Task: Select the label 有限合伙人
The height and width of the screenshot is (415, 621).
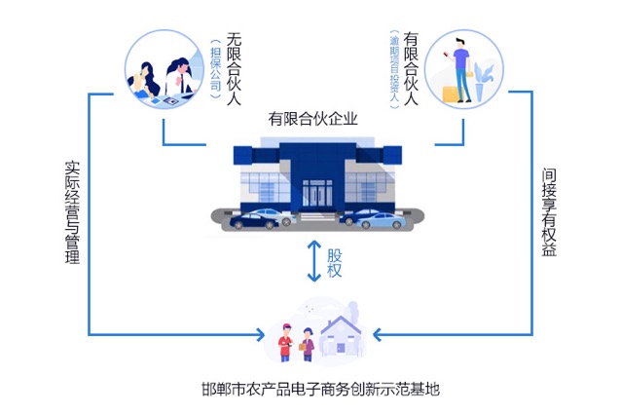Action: pyautogui.click(x=410, y=70)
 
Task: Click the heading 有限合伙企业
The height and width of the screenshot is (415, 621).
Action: pyautogui.click(x=313, y=120)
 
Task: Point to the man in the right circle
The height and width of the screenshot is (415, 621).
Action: pyautogui.click(x=459, y=68)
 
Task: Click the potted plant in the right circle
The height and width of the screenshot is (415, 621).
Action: pyautogui.click(x=484, y=78)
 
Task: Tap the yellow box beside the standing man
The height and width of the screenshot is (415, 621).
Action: pyautogui.click(x=449, y=91)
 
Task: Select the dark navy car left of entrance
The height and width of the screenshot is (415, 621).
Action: pyautogui.click(x=256, y=218)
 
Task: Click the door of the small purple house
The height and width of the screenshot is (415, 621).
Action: pyautogui.click(x=341, y=343)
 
